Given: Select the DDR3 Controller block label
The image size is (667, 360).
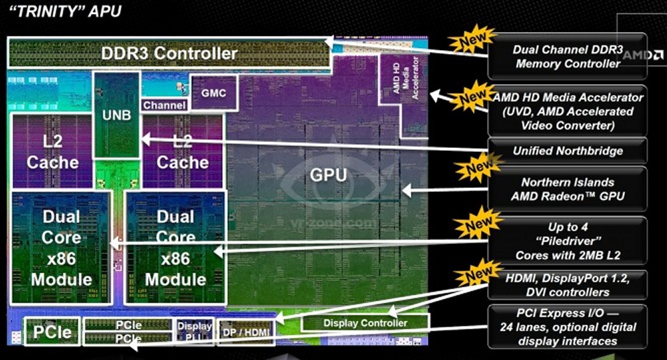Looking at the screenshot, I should [x=169, y=52].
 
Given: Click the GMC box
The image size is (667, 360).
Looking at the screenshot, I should [x=213, y=93].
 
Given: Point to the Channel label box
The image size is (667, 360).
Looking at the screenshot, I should [x=164, y=105].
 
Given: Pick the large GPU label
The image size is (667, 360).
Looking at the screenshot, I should [x=328, y=175].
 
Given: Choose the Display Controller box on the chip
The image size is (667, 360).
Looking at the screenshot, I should [x=365, y=323].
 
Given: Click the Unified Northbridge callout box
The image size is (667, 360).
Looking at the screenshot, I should [x=568, y=151].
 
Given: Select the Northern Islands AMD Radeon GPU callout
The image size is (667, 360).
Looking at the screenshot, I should [x=568, y=189].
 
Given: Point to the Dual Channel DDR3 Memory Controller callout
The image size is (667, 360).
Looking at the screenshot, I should [x=568, y=57].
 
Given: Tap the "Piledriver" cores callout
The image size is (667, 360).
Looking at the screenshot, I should [x=568, y=241].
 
